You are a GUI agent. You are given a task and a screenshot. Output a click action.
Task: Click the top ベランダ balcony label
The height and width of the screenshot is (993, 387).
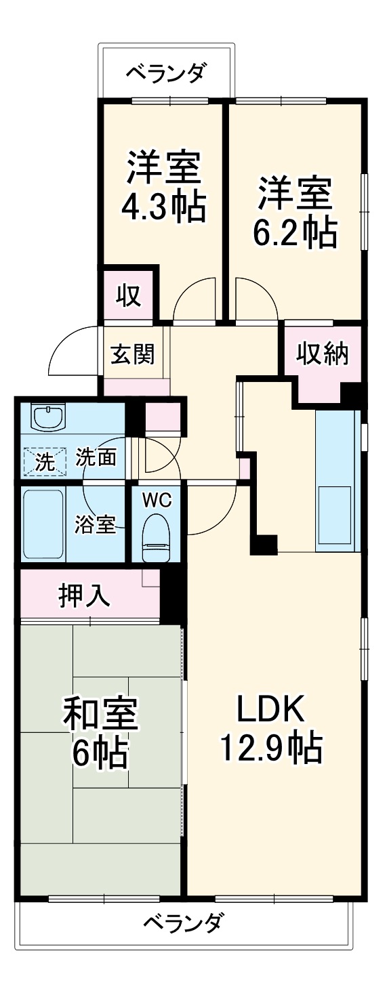coord(167,72)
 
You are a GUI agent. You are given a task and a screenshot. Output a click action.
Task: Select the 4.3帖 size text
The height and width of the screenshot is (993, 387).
coord(163,208)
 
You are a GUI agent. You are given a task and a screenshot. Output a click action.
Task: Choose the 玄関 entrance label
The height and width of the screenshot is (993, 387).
coord(132,354)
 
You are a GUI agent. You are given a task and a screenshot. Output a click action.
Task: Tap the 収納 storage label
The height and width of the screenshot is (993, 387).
coord(322,353)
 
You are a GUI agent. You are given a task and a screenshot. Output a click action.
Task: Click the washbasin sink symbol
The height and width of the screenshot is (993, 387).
coord(48,418)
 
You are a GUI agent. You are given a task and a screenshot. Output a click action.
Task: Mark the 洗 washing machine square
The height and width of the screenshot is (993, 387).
coord(44,461)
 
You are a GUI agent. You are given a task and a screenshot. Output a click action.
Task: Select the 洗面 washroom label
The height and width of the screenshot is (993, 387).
coord(95,458)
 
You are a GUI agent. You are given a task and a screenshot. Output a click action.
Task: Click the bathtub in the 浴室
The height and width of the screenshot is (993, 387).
coord(44,524)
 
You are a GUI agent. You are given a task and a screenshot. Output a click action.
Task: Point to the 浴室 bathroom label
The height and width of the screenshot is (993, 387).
coord(95,524)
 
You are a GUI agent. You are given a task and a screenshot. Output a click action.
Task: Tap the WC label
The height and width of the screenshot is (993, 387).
coord(157,501)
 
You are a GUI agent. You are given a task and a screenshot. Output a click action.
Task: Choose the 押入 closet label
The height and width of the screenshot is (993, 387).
coord(83,595)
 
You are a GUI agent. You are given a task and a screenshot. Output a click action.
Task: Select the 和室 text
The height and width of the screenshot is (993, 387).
coord(100,713)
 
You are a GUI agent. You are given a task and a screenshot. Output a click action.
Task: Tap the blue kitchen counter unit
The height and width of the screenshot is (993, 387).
coord(335,480)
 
